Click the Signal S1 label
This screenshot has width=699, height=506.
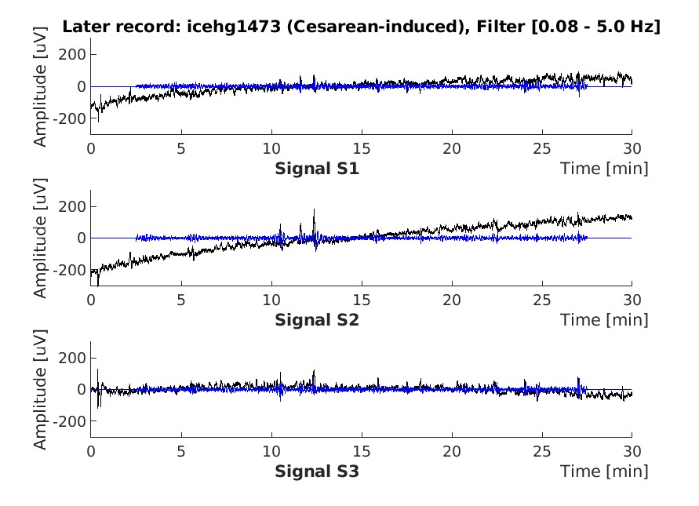(317, 168)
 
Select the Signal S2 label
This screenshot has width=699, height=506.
(317, 320)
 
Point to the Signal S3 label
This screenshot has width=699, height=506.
(317, 471)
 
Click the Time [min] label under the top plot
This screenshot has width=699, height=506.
(604, 168)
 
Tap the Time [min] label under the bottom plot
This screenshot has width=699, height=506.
(604, 471)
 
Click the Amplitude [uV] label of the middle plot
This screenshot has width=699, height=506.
(41, 238)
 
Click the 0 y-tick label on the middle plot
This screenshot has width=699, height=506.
(81, 238)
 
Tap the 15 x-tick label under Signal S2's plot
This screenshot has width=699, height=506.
(361, 300)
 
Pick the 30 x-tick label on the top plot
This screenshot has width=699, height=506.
(632, 148)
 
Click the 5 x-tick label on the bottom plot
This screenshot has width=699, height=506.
(181, 452)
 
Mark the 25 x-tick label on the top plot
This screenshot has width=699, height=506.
(541, 148)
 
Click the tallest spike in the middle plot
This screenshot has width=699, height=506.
(314, 211)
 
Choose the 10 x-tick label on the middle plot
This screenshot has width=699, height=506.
(271, 300)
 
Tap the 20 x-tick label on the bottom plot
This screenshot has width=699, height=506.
(451, 452)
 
